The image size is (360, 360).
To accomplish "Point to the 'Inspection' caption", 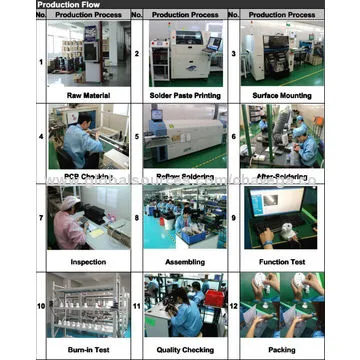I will (x=88, y=262).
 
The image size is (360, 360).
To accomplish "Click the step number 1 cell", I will (x=41, y=60).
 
